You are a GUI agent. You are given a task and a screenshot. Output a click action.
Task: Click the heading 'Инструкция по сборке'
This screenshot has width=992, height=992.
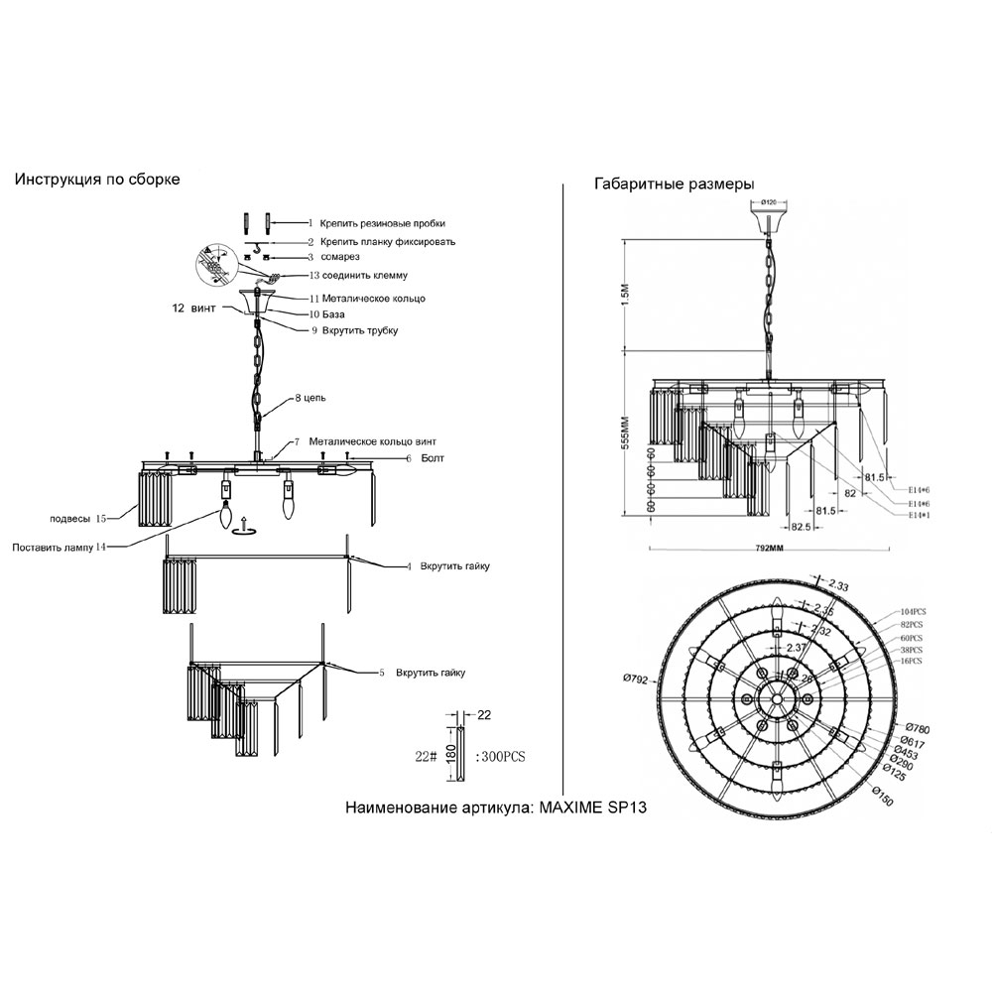(96, 181)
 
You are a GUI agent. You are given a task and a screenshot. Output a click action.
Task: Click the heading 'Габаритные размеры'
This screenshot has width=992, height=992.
(675, 185)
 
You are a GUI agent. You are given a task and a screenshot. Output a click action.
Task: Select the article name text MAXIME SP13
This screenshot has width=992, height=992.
(592, 807)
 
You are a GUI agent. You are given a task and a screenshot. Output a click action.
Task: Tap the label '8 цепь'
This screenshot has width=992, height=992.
(310, 398)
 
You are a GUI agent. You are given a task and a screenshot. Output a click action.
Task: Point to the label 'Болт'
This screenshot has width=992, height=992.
(433, 458)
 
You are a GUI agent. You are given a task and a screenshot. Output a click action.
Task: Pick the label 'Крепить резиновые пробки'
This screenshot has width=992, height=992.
(382, 224)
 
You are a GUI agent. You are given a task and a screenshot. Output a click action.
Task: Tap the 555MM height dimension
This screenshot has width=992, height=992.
(625, 432)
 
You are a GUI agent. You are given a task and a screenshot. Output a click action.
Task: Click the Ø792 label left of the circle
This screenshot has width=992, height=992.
(637, 679)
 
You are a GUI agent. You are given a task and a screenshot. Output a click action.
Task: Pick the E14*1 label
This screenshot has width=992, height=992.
(919, 516)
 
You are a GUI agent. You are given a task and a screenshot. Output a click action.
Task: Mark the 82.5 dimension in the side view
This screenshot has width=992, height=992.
(800, 526)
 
